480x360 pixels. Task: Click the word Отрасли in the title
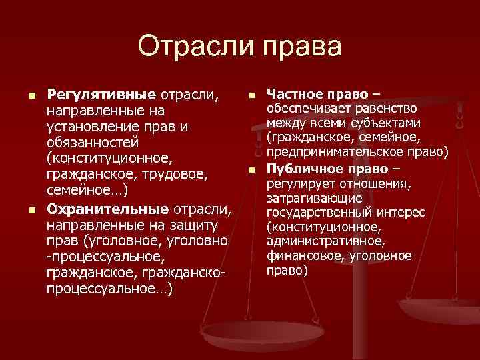[x=193, y=47]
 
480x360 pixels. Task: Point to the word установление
[x=91, y=125]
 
